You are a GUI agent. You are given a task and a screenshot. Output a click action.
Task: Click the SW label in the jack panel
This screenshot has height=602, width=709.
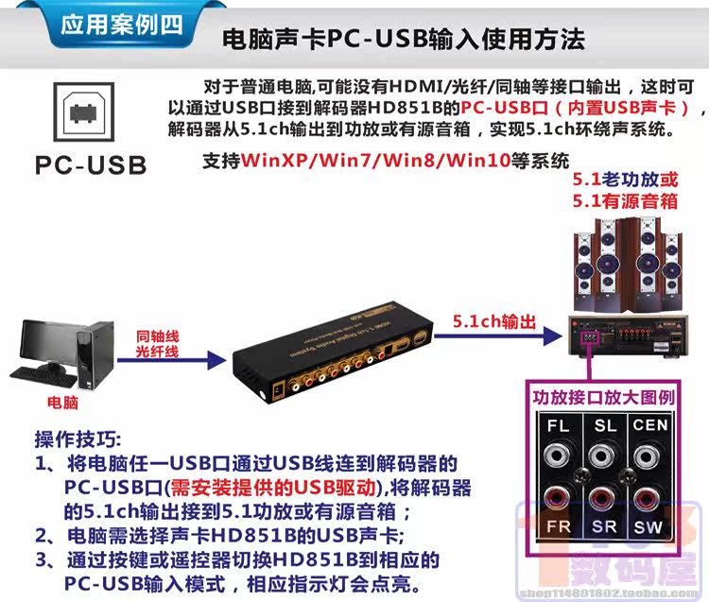649,525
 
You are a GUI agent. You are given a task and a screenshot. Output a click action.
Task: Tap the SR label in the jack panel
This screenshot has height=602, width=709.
605,525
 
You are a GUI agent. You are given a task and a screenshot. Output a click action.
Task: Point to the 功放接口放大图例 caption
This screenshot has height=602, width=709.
603,397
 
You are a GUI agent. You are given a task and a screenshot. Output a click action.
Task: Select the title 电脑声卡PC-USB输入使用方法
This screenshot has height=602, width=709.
402,39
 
